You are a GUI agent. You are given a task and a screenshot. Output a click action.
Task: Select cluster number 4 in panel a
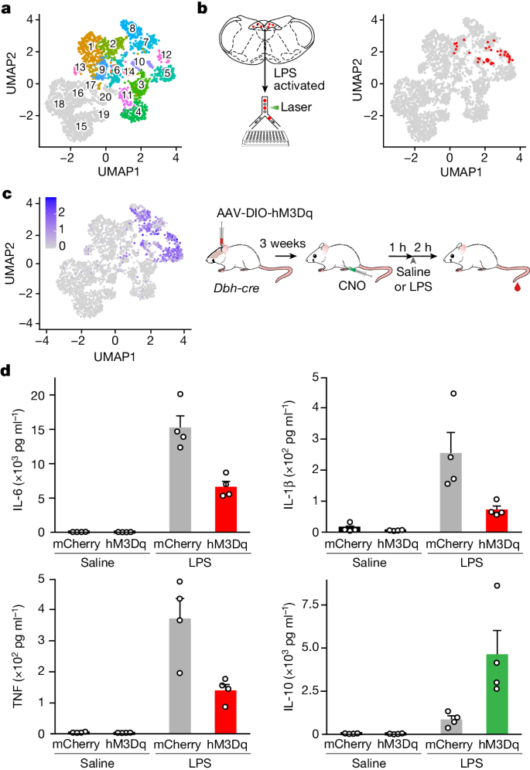(x=138, y=111)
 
